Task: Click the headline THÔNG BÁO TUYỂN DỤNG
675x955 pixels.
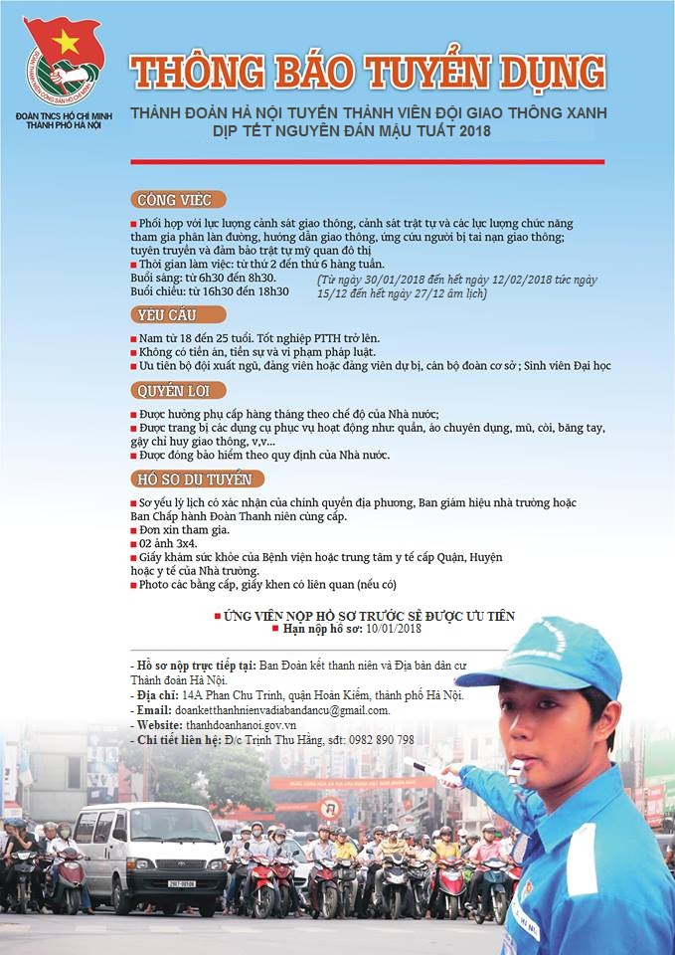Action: (368, 73)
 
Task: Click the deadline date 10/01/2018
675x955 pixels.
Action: (395, 630)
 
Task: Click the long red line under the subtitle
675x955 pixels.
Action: (367, 161)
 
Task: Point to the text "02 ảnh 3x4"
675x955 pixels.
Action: (168, 544)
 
